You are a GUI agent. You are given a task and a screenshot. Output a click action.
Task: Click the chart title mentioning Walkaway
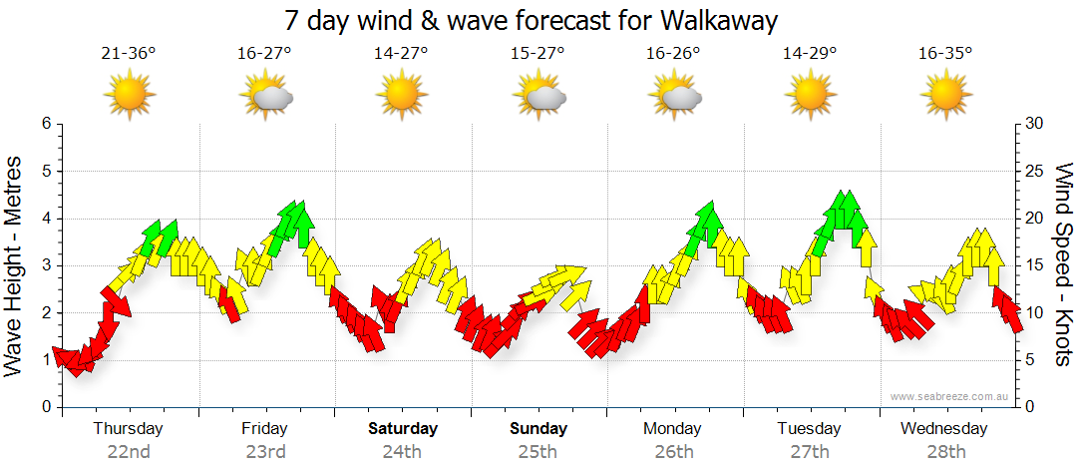point(531,20)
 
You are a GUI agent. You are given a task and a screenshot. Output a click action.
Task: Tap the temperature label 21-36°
point(129,54)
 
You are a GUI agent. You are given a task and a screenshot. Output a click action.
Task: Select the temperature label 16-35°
point(945,54)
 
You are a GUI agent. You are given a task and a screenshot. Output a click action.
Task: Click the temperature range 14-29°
point(809,54)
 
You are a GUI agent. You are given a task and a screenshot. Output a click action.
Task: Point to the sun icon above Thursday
point(130,96)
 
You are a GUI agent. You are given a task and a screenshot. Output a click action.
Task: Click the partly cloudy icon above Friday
point(266,96)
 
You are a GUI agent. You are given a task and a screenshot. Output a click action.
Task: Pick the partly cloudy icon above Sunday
point(538,96)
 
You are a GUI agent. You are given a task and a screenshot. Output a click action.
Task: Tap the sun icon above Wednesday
point(945,96)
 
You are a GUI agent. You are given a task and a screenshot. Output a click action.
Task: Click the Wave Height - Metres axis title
point(15,265)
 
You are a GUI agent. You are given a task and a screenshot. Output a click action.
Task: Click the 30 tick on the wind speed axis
point(1035,124)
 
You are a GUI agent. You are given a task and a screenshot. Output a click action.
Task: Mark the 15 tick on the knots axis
point(1035,265)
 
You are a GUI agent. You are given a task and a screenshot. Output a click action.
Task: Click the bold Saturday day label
point(403,429)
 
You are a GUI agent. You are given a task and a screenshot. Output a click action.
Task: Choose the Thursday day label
point(129,429)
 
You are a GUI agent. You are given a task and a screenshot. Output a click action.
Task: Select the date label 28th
point(945,452)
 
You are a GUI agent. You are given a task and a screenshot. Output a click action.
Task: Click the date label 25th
point(538,452)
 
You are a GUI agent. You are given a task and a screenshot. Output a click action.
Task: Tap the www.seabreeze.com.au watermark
point(950,396)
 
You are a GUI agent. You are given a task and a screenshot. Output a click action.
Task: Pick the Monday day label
point(673,429)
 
